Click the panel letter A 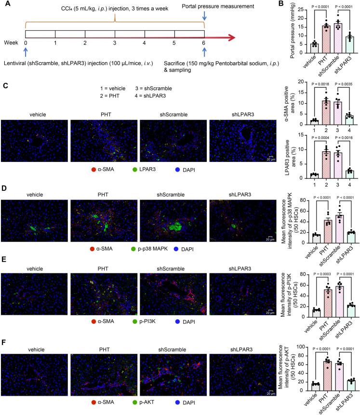(6, 5)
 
